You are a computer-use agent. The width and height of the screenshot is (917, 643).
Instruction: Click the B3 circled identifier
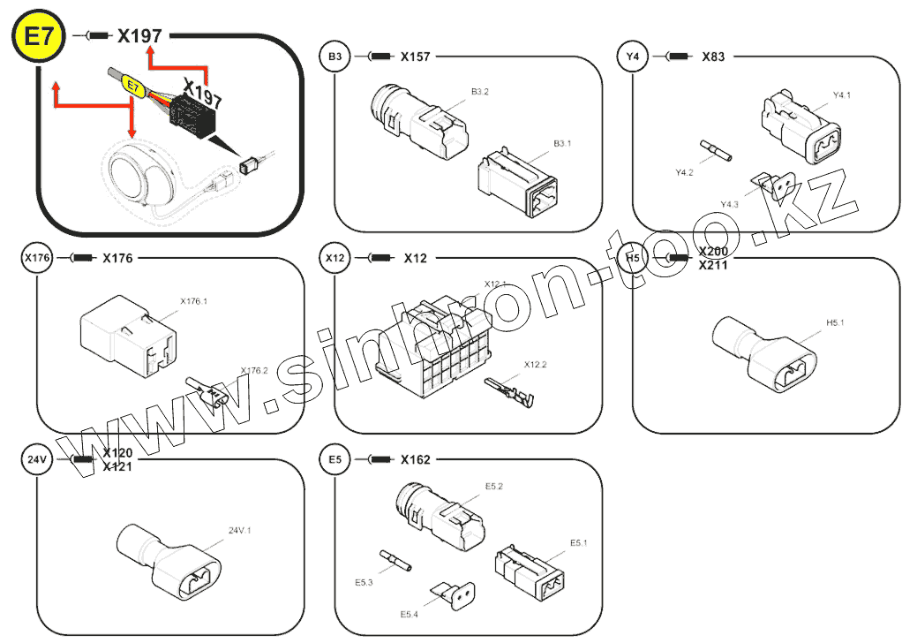tap(334, 57)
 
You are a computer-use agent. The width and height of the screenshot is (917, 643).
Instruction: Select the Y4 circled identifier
tap(632, 57)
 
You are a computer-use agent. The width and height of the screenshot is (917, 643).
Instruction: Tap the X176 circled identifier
tap(37, 258)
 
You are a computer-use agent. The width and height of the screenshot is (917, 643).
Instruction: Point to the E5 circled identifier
tap(334, 459)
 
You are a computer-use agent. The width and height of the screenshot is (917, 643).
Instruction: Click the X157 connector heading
tap(415, 57)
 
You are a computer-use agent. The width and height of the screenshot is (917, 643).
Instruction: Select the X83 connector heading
tap(713, 57)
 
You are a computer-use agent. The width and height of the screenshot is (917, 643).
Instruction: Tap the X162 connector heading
tap(415, 459)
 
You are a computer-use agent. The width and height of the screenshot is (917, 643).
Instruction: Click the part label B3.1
tap(563, 143)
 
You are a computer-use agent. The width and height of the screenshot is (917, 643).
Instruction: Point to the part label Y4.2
tap(684, 173)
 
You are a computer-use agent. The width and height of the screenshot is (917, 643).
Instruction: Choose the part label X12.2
tap(535, 364)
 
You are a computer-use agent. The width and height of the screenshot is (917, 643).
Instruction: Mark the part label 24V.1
tap(240, 531)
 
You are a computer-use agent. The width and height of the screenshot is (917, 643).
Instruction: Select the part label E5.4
tap(409, 614)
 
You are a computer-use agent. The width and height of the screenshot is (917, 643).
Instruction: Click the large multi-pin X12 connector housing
tap(428, 349)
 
